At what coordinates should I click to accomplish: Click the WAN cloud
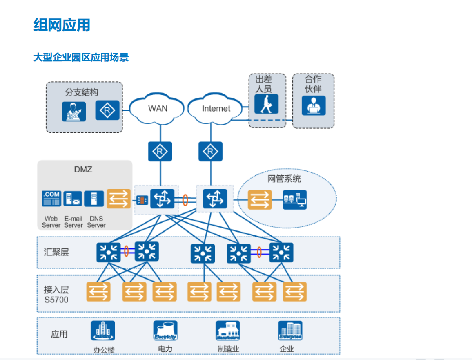tap(157, 108)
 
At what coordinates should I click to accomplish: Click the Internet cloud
tap(216, 108)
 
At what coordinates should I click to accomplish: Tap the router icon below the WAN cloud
tap(160, 152)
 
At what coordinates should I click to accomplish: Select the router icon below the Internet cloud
tap(211, 152)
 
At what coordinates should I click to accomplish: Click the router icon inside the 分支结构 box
tap(107, 110)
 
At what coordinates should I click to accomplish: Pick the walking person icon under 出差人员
tap(266, 104)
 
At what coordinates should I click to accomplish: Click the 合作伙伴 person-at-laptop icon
tap(314, 105)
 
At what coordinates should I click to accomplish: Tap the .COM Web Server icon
tap(51, 199)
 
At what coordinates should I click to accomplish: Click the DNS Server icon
tap(94, 199)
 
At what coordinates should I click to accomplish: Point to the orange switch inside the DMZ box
tap(118, 199)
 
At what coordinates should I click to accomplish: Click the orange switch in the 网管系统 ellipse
tap(260, 200)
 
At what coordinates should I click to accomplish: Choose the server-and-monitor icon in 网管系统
tap(294, 200)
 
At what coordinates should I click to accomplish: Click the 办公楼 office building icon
tap(102, 331)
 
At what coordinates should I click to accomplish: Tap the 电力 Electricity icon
tap(165, 331)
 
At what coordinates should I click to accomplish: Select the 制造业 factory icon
tap(227, 331)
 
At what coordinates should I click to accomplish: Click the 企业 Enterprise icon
tap(290, 331)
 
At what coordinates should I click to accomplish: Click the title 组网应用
tap(62, 25)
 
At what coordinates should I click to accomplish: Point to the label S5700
tap(56, 300)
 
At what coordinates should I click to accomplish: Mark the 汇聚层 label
tap(56, 252)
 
